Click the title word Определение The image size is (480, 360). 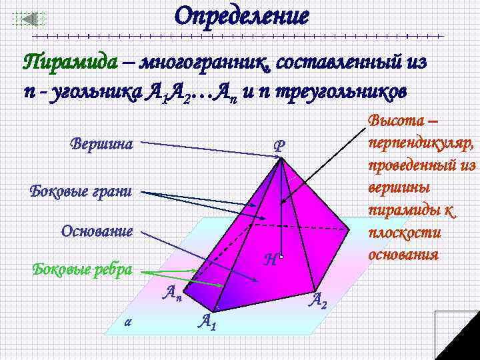(x=241, y=17)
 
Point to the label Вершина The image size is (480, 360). (x=101, y=143)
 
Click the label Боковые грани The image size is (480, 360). (x=81, y=191)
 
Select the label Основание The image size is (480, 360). (x=97, y=231)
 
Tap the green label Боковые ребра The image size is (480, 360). (x=82, y=270)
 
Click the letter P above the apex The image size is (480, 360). (x=279, y=146)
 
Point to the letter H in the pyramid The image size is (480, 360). (x=270, y=261)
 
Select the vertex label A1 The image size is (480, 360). (x=207, y=321)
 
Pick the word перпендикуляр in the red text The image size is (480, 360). (x=417, y=143)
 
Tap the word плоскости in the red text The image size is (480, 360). (x=398, y=234)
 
